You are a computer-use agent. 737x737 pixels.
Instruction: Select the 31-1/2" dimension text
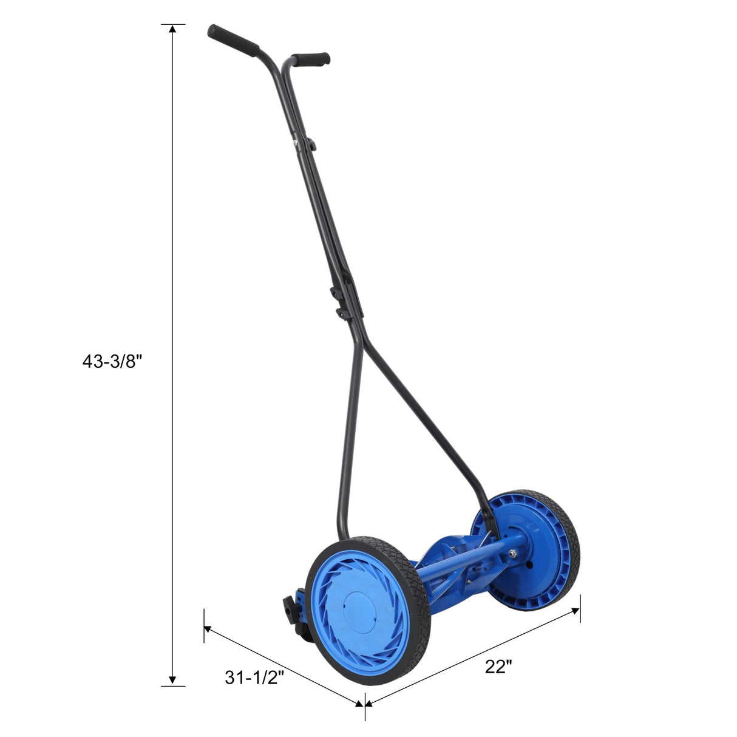click(254, 678)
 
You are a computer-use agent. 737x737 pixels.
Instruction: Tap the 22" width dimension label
click(498, 667)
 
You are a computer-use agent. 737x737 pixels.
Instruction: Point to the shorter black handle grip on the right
click(311, 59)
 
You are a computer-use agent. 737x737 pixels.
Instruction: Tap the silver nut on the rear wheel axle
click(513, 553)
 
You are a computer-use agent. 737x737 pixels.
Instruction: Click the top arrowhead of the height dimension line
click(173, 29)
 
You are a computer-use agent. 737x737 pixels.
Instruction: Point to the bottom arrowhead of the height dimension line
click(173, 681)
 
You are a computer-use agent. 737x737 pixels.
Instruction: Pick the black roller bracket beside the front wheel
click(293, 613)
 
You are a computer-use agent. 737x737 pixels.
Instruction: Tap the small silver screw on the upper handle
click(296, 144)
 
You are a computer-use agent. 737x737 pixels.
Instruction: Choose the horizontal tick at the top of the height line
click(173, 24)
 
